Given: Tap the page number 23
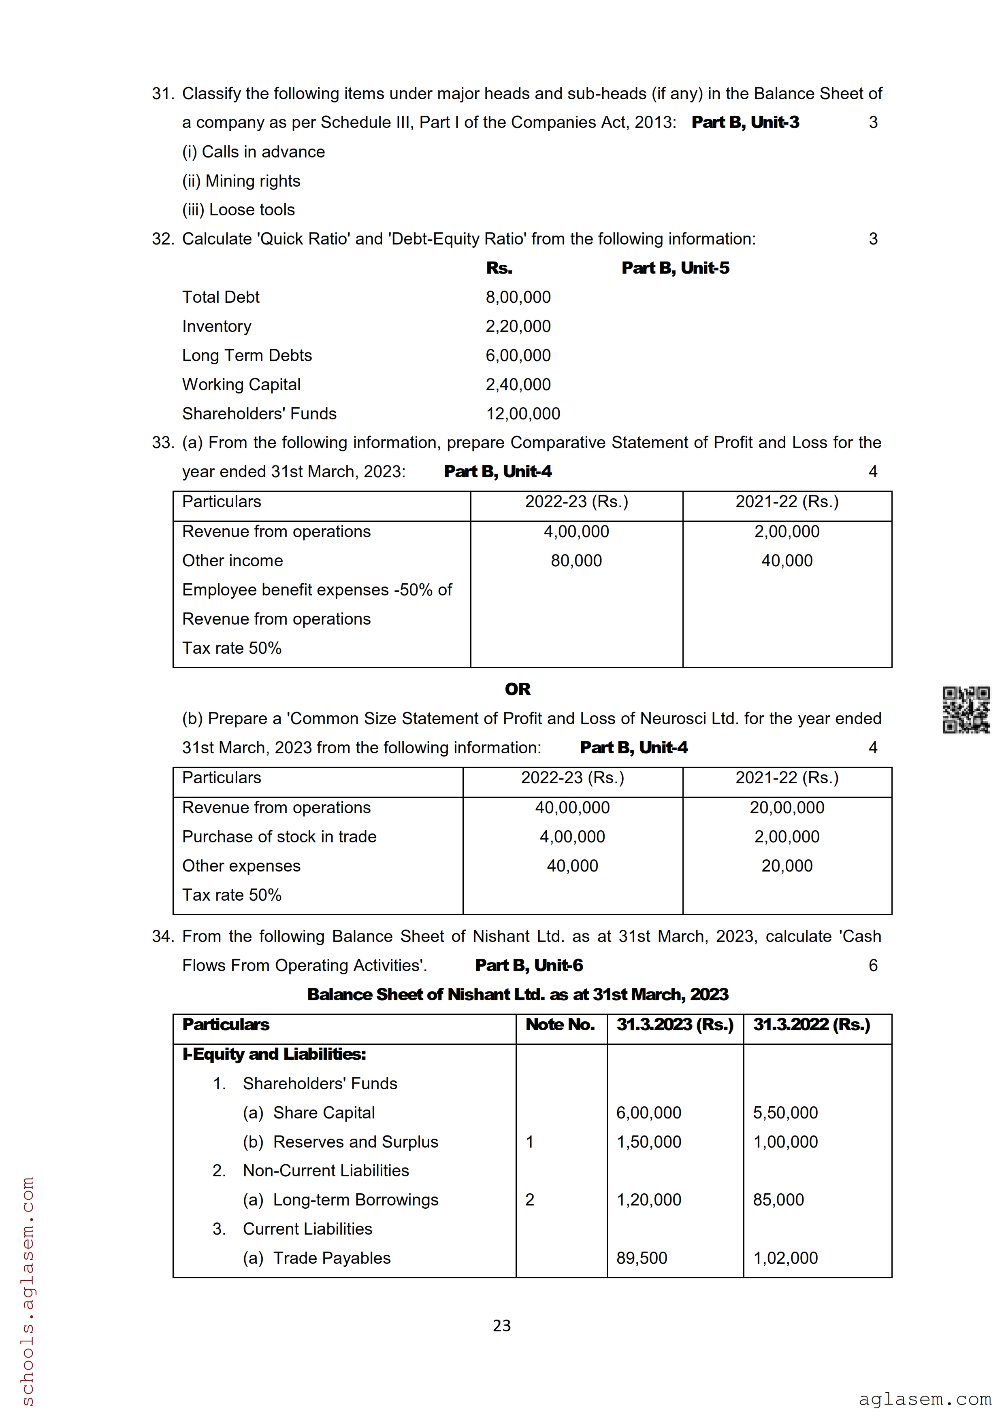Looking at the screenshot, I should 502,1325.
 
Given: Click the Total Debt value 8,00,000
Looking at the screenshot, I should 518,298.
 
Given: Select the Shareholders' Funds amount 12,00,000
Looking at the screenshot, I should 523,414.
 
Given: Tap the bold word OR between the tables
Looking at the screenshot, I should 517,689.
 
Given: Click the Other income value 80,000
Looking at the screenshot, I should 576,561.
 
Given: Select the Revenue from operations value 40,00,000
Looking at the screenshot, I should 572,808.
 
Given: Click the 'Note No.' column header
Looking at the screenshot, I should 560,1025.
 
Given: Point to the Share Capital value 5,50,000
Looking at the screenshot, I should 785,1113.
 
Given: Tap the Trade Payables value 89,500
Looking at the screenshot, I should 642,1258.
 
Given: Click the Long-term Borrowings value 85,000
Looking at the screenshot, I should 778,1200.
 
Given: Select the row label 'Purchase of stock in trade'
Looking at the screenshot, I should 279,837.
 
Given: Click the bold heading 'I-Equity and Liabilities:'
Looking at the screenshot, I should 274,1054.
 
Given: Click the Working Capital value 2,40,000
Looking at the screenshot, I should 518,385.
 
